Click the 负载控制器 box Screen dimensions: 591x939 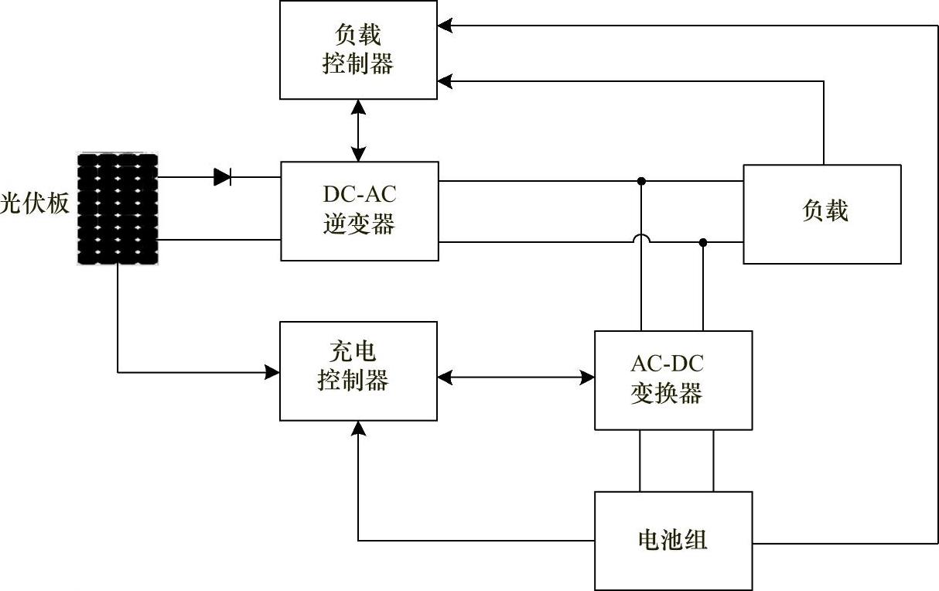pos(358,50)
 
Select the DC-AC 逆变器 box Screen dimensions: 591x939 pos(359,210)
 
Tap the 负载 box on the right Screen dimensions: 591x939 pos(822,214)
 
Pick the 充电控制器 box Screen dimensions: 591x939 pos(358,371)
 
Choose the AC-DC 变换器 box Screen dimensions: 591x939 pos(673,380)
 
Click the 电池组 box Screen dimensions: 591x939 pos(673,541)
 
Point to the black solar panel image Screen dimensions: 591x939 pos(118,209)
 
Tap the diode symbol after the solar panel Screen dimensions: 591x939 pos(223,177)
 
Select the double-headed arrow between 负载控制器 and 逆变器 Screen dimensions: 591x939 pos(358,130)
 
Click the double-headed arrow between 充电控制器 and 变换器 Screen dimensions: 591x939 pos(516,377)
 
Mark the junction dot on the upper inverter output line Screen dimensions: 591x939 pos(641,181)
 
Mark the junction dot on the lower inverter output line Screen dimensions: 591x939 pos(703,242)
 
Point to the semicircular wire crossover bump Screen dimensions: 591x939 pos(641,239)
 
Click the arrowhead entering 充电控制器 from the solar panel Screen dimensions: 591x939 pos(272,372)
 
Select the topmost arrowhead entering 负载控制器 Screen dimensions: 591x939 pos(444,26)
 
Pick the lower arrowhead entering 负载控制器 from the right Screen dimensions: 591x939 pos(444,80)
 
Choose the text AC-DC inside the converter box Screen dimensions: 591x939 pos(668,363)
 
